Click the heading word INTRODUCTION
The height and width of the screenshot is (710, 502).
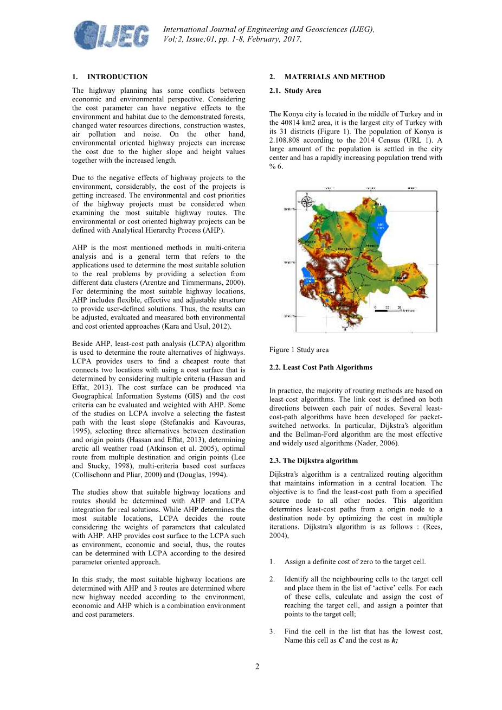tap(118, 77)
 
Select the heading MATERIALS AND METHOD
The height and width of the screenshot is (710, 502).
tap(334, 77)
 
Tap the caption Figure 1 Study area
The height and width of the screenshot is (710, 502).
tap(299, 350)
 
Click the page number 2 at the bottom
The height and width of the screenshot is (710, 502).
tap(257, 667)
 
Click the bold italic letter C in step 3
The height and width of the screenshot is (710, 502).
tap(340, 641)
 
